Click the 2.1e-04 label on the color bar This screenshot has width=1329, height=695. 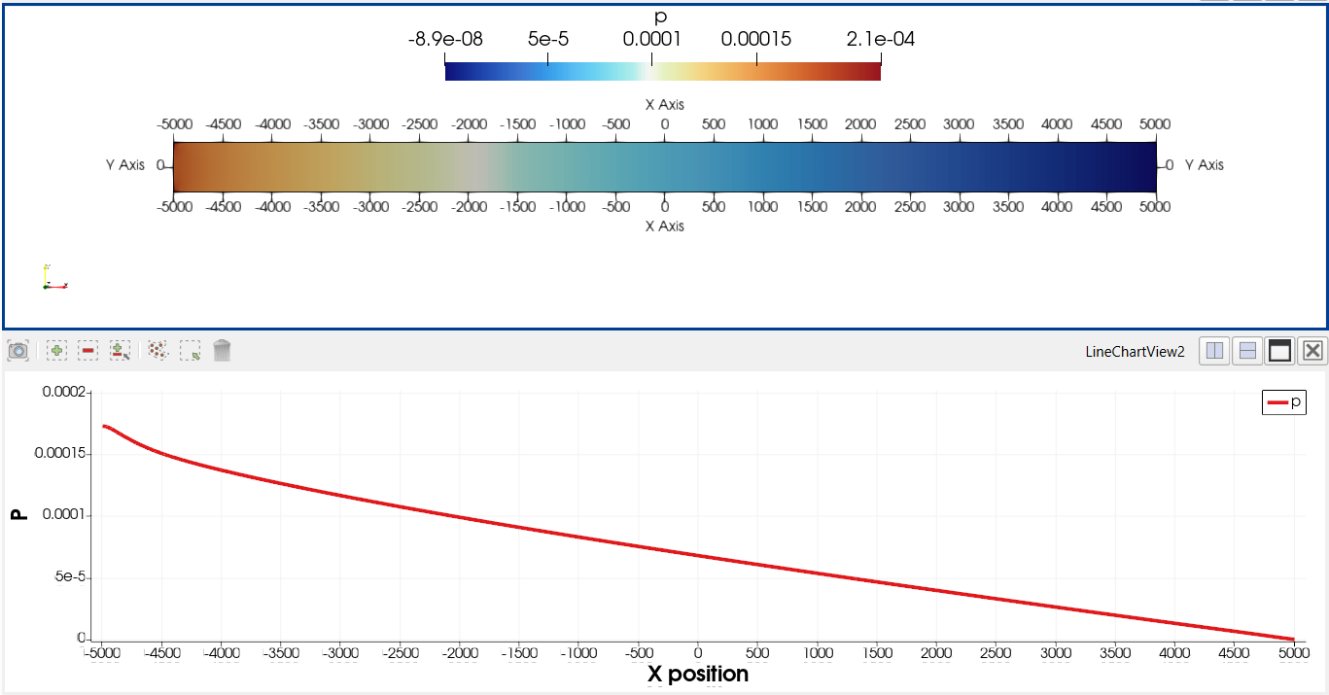[880, 40]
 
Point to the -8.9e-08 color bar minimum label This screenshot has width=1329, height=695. [445, 40]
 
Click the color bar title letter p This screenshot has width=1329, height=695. [662, 17]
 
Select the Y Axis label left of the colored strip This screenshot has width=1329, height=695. [125, 165]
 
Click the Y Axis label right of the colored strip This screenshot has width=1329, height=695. [1204, 165]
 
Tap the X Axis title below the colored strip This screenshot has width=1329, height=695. [664, 226]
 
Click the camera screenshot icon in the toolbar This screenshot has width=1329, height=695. [17, 351]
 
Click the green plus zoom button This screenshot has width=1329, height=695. [57, 351]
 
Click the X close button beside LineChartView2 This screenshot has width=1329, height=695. [1312, 351]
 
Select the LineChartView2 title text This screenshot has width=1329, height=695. [1135, 352]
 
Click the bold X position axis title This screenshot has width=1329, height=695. [697, 674]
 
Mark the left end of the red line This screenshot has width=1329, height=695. [103, 426]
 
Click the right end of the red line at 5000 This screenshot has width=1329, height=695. [1293, 639]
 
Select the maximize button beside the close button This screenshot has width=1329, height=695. [1279, 351]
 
